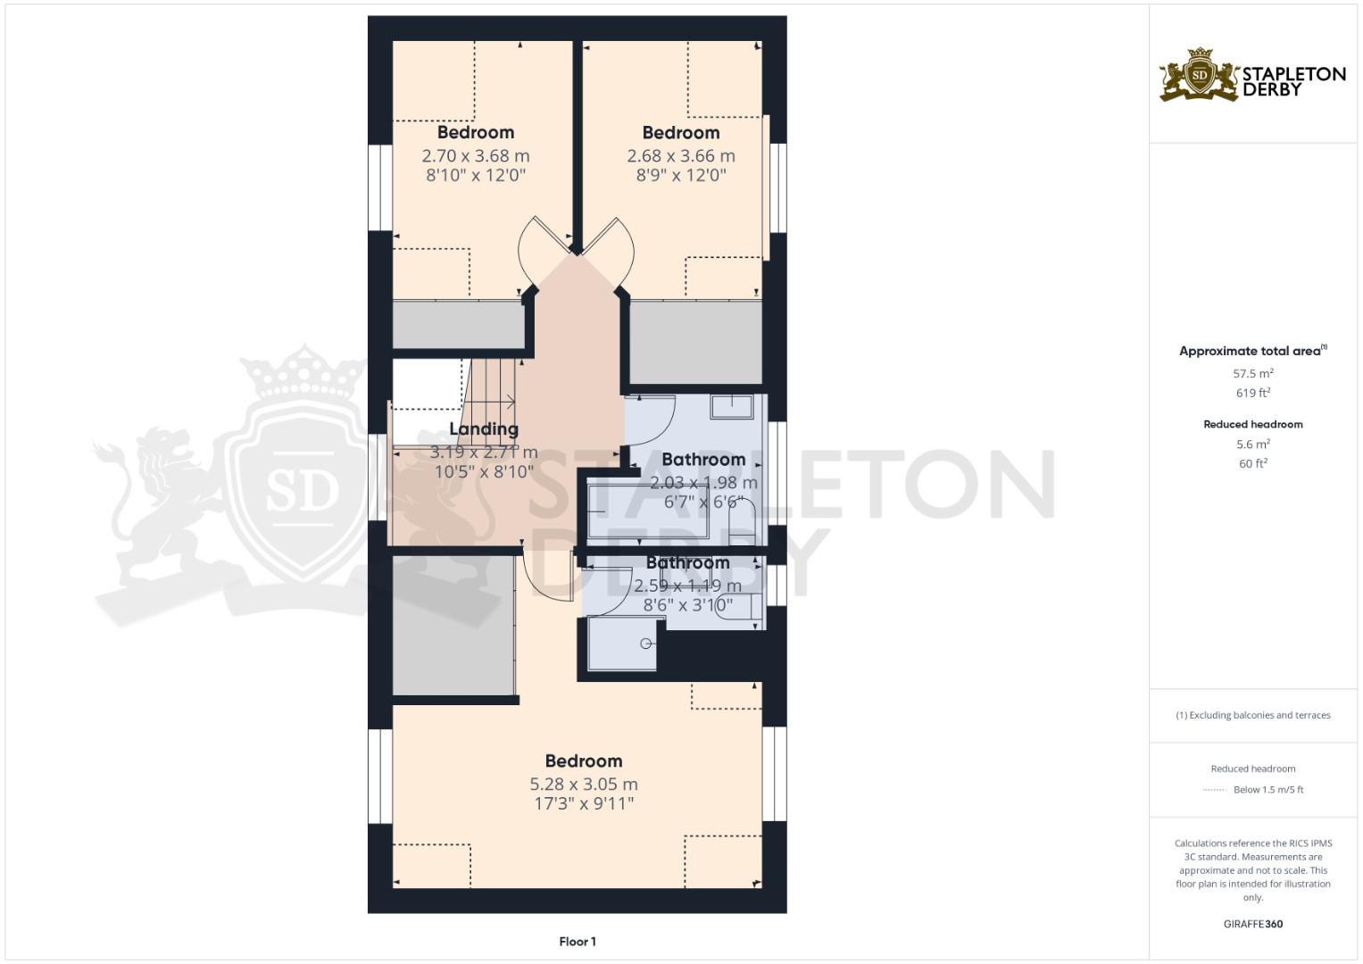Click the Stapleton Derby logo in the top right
click(x=1252, y=75)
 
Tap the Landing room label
click(x=484, y=429)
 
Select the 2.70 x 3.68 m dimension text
click(x=476, y=155)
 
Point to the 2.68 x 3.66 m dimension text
click(x=681, y=155)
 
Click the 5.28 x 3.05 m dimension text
click(x=584, y=784)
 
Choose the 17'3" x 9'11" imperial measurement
click(x=584, y=803)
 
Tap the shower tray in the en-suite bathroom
click(x=622, y=643)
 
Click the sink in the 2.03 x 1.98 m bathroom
click(x=732, y=407)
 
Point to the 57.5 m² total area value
click(x=1253, y=373)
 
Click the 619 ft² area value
click(x=1253, y=393)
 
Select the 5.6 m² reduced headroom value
click(x=1253, y=444)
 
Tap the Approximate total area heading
click(x=1250, y=351)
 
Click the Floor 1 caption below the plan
click(x=578, y=941)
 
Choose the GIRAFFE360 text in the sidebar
click(x=1253, y=924)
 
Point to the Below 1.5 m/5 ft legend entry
click(x=1267, y=789)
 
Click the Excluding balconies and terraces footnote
click(x=1253, y=715)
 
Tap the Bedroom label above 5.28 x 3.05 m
click(x=584, y=760)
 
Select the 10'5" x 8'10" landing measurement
click(x=484, y=471)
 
